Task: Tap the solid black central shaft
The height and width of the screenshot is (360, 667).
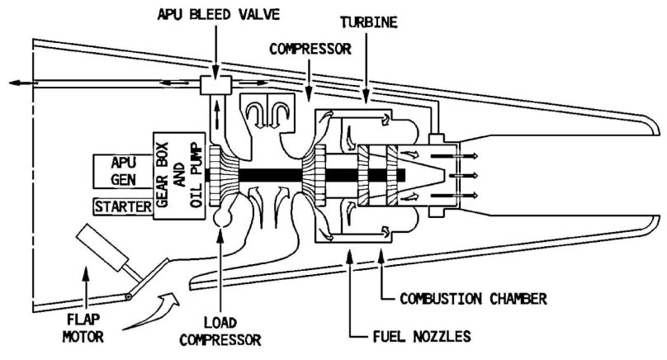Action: click(305, 176)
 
